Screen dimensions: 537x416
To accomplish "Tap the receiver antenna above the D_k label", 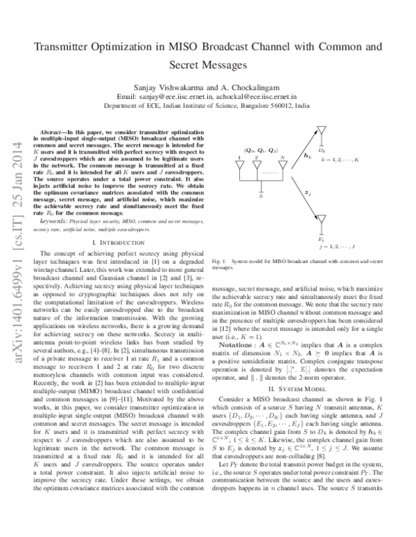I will click(321, 134).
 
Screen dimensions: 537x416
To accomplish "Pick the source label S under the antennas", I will click(260, 198).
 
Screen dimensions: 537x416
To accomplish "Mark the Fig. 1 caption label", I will click(218, 281).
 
